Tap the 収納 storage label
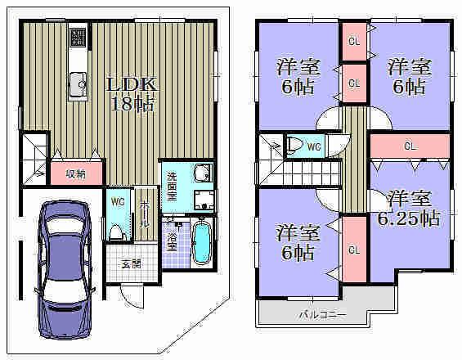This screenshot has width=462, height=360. click(75, 173)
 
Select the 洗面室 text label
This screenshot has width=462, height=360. click(173, 182)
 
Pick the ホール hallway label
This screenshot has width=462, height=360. click(145, 215)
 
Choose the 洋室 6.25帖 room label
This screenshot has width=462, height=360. click(408, 209)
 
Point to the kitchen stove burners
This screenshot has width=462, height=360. click(78, 37)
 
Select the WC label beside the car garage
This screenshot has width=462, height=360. click(116, 199)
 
